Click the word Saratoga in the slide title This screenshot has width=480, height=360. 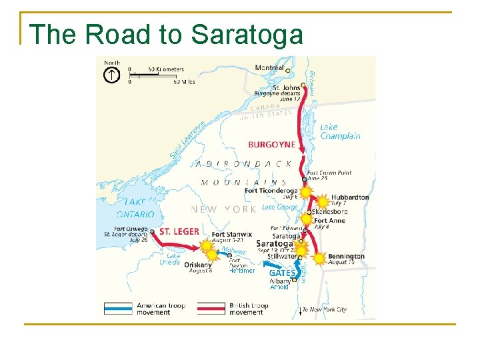(x=247, y=34)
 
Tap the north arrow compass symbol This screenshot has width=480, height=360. (x=111, y=75)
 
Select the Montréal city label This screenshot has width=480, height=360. (x=269, y=68)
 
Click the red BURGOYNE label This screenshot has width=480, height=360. (x=271, y=145)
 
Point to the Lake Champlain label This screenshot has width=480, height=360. (x=340, y=131)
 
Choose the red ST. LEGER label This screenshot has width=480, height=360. (x=179, y=231)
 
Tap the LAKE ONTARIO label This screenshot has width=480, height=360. (x=135, y=208)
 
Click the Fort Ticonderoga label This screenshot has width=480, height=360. (x=270, y=191)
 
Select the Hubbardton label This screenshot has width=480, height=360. (x=349, y=197)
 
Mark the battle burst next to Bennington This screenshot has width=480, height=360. (x=319, y=258)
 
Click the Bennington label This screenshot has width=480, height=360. (x=346, y=256)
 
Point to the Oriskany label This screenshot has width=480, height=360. (x=198, y=264)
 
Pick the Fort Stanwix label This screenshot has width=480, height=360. (x=231, y=235)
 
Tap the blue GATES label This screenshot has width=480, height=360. (x=281, y=273)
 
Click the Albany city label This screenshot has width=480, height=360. (x=280, y=281)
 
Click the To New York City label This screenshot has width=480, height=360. (x=325, y=310)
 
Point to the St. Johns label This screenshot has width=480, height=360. (x=287, y=87)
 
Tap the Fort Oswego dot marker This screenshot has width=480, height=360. (x=153, y=232)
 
